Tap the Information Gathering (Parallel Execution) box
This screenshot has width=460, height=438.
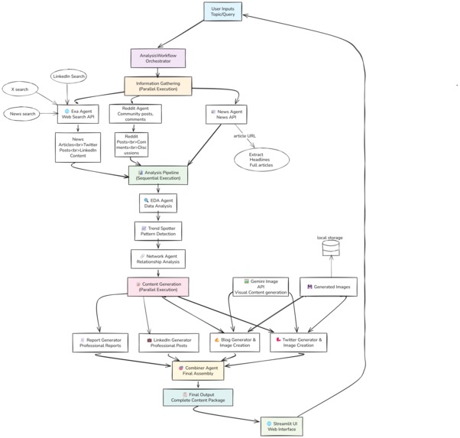158,85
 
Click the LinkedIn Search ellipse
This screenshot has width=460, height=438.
69,76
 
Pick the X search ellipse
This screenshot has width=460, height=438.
21,89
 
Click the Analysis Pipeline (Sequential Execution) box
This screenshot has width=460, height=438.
158,176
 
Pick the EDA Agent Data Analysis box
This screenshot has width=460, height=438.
158,203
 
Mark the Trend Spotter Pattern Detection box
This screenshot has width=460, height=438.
158,231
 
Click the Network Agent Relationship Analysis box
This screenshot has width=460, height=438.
158,258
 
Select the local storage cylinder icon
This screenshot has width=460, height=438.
331,251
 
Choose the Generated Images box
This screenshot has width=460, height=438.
331,287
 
